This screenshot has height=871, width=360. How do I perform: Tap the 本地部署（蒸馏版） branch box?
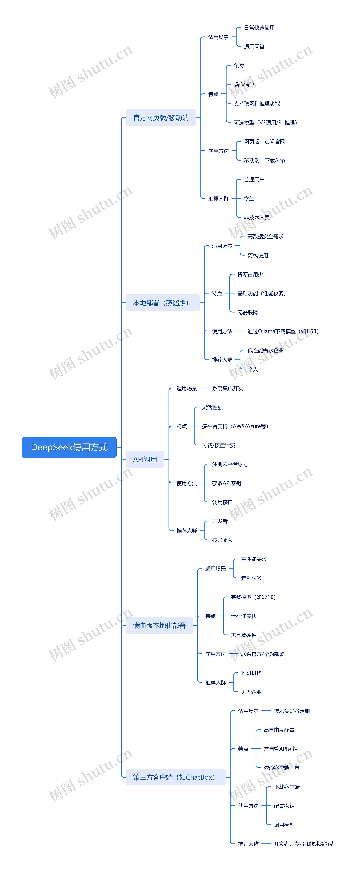tap(162, 303)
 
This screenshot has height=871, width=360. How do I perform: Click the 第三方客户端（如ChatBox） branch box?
tap(175, 777)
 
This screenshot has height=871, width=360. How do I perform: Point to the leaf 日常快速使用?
tap(259, 28)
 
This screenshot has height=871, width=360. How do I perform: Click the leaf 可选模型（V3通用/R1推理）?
tap(265, 122)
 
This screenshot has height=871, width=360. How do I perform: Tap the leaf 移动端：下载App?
tap(264, 161)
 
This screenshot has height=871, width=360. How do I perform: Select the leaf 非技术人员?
tap(256, 217)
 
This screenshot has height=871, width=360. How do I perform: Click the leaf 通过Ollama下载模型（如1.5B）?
tap(283, 331)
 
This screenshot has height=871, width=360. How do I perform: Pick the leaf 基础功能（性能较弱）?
tap(261, 293)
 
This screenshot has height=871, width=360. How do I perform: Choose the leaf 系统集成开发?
tap(228, 388)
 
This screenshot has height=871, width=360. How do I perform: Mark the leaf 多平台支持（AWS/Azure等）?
tap(235, 426)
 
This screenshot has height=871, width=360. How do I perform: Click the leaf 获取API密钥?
tap(227, 483)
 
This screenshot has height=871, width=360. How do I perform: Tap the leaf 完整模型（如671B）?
tap(253, 597)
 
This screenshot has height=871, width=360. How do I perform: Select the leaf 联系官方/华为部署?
tap(262, 654)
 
